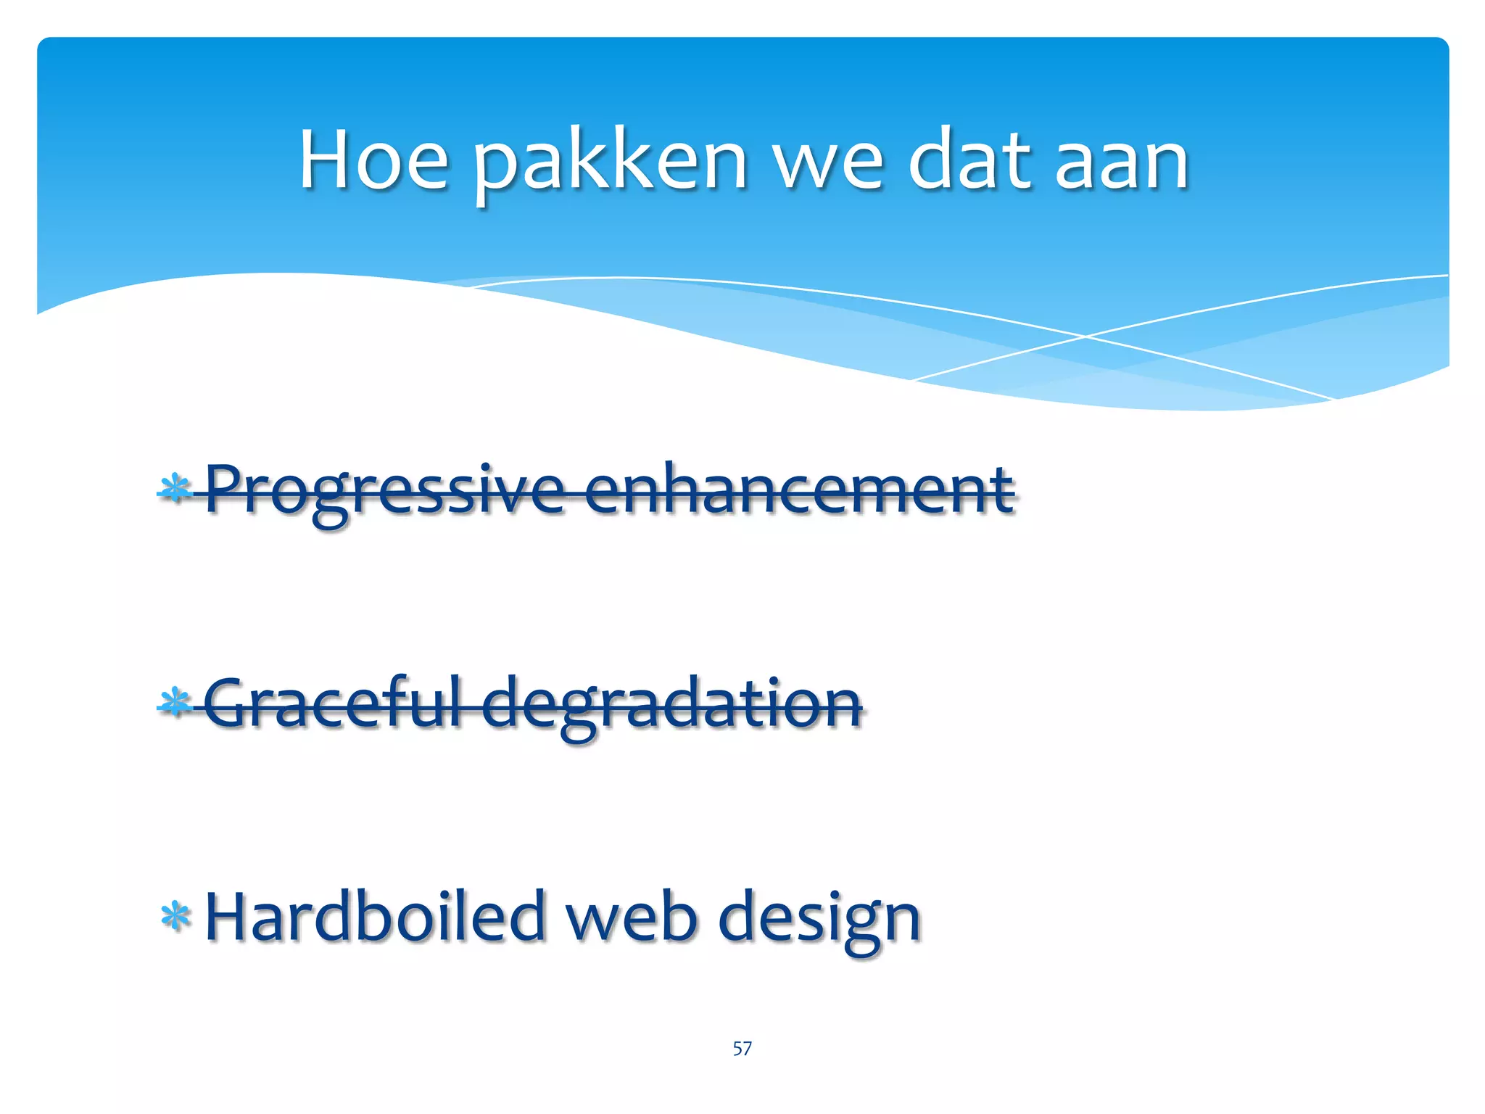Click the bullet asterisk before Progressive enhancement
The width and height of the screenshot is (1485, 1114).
pos(175,489)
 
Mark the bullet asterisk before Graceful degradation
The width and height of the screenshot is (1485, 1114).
pos(175,702)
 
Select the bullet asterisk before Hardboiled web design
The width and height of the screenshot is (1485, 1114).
pos(175,916)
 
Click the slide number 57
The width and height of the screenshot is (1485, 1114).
pos(742,1048)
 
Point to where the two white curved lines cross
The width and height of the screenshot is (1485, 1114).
pos(1085,337)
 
